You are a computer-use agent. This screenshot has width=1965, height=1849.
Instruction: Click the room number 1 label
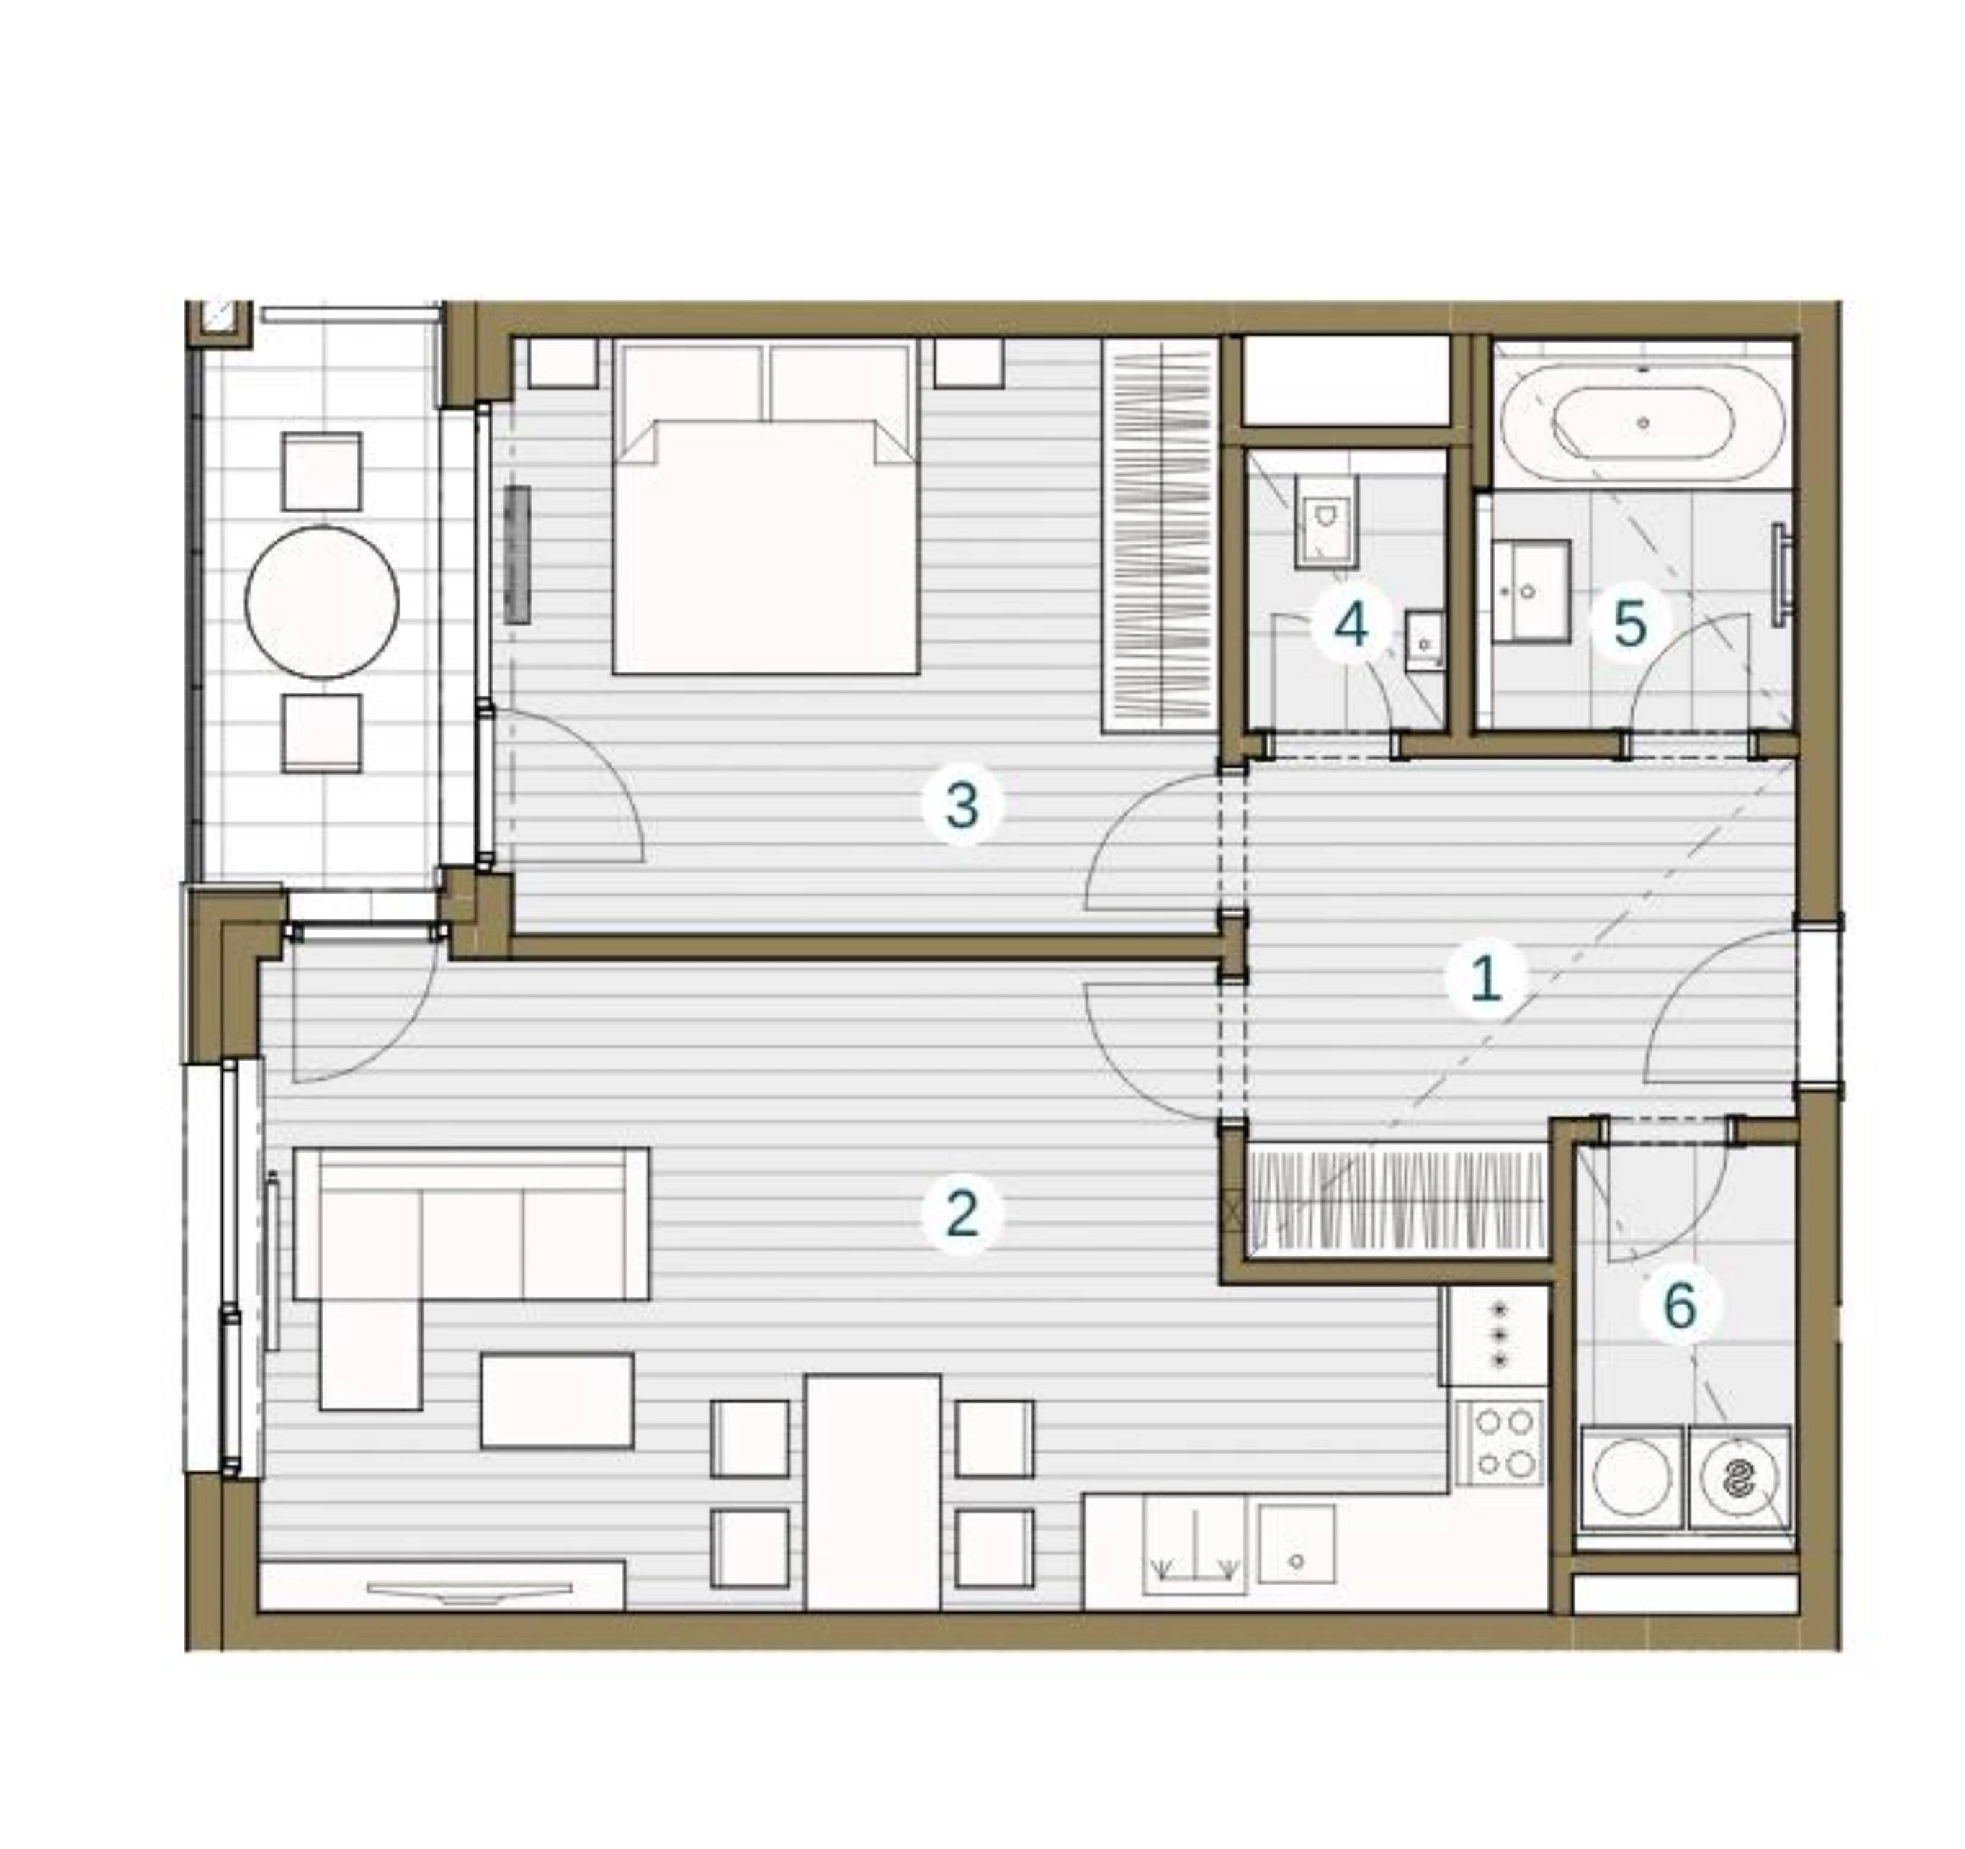[x=1484, y=979]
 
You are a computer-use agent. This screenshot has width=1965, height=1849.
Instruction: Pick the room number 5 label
[x=1630, y=624]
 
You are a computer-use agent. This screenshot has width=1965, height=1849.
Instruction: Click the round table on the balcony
[x=321, y=602]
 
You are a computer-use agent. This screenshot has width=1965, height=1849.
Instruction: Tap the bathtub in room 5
[x=1643, y=422]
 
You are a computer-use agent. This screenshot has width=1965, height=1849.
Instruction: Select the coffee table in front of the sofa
[x=557, y=1401]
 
